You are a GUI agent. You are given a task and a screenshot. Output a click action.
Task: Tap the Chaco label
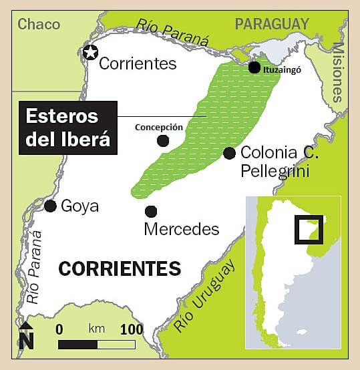point(39,25)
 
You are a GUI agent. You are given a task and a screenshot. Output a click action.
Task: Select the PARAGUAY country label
point(272,24)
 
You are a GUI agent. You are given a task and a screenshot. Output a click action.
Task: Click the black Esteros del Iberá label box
point(68,128)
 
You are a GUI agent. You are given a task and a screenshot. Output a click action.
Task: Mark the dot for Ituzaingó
point(254,67)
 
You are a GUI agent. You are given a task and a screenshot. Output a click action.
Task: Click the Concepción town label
point(159,127)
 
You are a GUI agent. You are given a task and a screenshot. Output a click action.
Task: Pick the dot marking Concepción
point(163,140)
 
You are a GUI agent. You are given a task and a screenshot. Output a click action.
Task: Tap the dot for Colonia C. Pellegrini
point(229,153)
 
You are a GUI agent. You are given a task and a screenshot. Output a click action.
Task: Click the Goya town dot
point(50,206)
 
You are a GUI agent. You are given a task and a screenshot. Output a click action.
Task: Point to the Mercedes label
point(182,229)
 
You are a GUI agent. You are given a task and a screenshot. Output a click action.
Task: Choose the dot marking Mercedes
point(151,211)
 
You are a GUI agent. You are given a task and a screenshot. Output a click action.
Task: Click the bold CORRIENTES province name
point(120,268)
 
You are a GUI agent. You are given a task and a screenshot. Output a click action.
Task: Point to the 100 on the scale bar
point(132,329)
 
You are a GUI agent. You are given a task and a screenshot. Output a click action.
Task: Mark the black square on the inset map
point(309,229)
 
